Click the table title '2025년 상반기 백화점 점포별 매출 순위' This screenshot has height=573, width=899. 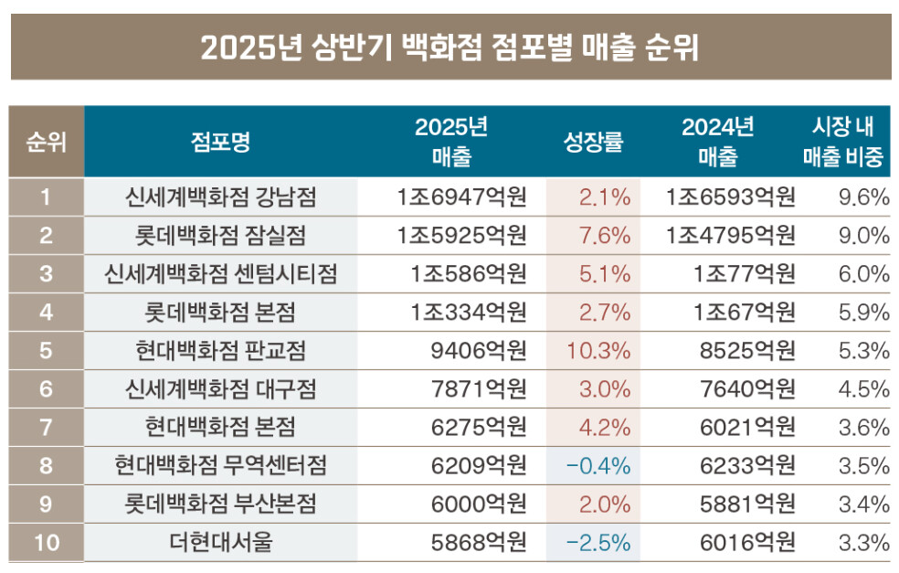point(449,47)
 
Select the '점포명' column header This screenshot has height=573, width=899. point(220,143)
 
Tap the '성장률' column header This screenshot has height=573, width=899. point(593,143)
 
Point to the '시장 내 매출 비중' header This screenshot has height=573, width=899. point(843,143)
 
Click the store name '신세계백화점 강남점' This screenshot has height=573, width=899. point(220,197)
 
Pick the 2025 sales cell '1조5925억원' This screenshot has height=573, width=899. point(462,236)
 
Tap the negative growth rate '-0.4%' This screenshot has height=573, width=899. point(598,466)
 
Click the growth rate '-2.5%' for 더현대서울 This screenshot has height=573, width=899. point(598,543)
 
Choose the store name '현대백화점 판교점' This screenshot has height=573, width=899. point(220,351)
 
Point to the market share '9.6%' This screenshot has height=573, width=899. point(863,197)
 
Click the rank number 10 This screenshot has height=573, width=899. point(47,543)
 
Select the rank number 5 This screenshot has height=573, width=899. point(47,351)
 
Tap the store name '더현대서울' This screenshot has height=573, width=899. point(220,543)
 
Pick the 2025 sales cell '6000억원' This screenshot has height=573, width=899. point(479,504)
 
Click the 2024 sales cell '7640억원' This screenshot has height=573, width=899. point(747,389)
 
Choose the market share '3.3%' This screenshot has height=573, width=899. point(863,543)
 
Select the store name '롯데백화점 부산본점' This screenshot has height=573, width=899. point(220,504)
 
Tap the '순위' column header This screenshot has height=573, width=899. point(47,143)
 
